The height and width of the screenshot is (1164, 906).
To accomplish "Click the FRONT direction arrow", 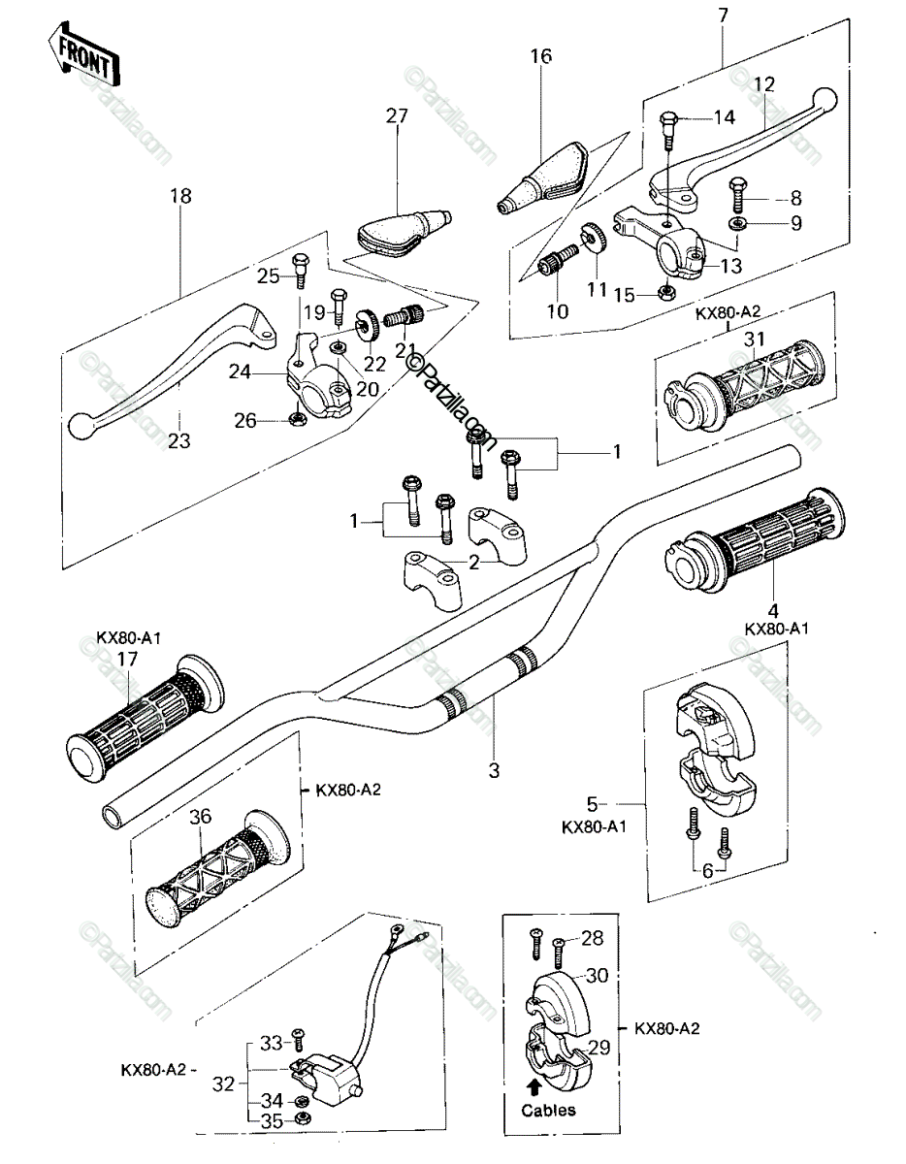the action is pos(83,52).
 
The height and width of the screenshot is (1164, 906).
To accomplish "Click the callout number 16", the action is pos(541,55).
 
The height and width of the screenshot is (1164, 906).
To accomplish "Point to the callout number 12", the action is pos(765,83).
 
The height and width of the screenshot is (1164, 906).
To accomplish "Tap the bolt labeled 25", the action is pos(301,274).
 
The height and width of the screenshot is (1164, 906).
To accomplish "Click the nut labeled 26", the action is pos(297,418).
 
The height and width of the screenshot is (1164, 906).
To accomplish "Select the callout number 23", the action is pos(178,440).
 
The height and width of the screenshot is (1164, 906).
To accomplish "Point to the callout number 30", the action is pos(597,975).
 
